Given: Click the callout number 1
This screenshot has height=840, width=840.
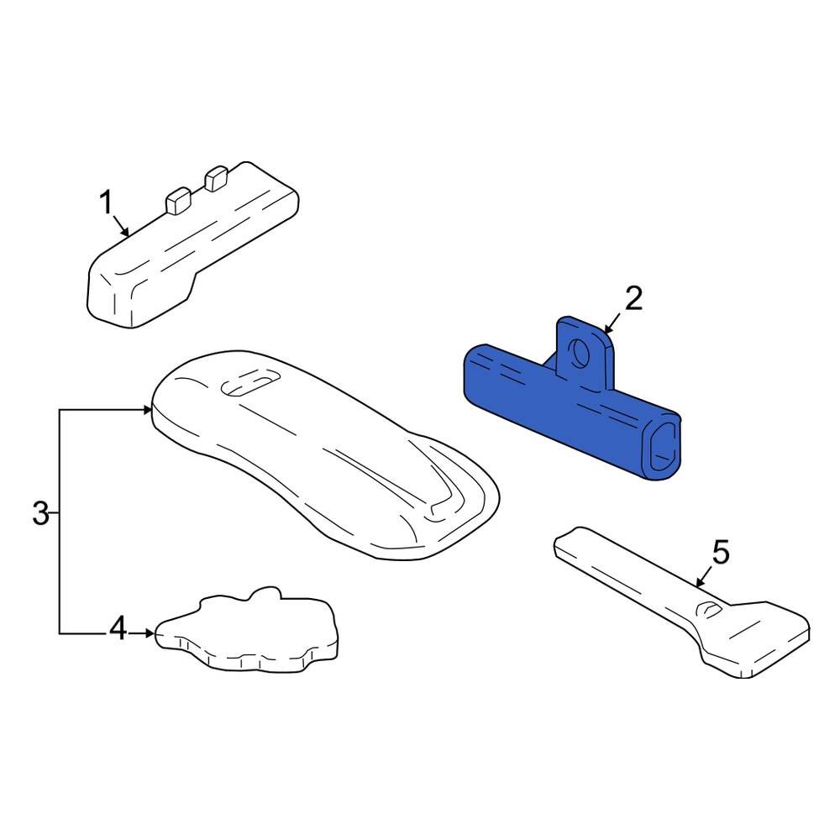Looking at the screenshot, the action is (106, 203).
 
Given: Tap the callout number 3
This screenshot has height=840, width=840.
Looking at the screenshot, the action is (40, 513).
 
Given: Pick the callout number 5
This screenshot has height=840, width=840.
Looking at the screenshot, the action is (721, 552).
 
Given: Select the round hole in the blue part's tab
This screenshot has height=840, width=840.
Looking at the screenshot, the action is (580, 353).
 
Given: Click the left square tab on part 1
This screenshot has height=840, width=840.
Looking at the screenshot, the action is (178, 201).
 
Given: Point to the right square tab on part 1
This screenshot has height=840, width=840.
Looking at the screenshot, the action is (217, 178).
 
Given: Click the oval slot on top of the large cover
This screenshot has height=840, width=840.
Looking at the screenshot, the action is (250, 384).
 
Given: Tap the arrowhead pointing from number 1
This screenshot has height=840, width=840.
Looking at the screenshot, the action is (125, 232).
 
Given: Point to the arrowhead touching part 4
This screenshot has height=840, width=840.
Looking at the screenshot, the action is (150, 633).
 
